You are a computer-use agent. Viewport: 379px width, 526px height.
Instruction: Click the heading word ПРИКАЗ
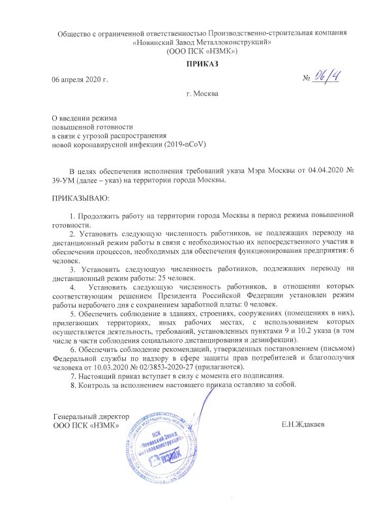tap(202, 63)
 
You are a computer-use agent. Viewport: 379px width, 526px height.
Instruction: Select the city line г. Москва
tap(202, 93)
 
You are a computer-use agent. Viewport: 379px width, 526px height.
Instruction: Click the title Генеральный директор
tap(91, 416)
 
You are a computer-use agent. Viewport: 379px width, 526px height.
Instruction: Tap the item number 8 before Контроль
tap(72, 385)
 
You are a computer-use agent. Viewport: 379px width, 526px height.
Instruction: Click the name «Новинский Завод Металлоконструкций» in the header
tap(202, 42)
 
